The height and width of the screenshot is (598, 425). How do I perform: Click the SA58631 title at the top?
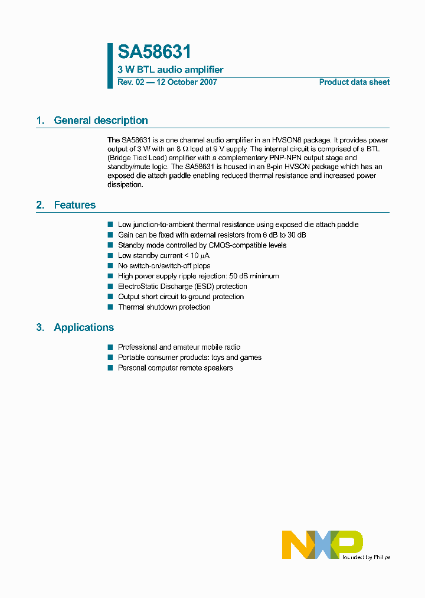click(154, 52)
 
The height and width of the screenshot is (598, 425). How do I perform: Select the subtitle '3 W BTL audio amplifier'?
click(171, 70)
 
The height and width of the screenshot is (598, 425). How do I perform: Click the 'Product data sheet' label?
click(354, 82)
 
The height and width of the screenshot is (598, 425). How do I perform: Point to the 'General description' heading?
click(100, 121)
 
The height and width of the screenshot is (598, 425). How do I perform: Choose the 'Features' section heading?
click(74, 205)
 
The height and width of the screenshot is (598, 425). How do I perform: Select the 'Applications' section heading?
click(84, 327)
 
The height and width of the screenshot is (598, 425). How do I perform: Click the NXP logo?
click(322, 544)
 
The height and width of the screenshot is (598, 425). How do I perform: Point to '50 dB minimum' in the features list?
click(256, 276)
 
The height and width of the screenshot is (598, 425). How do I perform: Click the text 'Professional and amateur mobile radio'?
click(179, 347)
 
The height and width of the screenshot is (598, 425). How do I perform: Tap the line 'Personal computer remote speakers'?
click(175, 368)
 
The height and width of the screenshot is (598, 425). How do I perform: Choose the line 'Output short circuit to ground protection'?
click(181, 297)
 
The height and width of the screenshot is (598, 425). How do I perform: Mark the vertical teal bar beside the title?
click(110, 66)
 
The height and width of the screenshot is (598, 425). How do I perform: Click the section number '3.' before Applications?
click(40, 327)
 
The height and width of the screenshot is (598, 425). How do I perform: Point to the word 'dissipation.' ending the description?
click(125, 184)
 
